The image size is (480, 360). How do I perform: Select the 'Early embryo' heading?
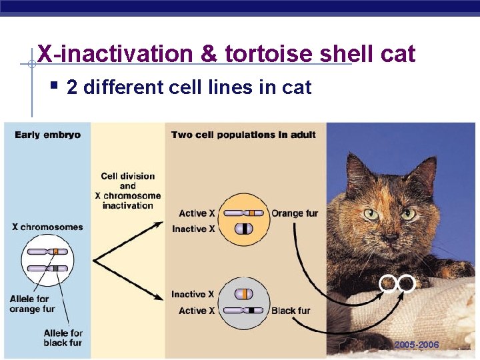tap(47, 135)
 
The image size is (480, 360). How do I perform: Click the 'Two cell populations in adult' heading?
tap(243, 135)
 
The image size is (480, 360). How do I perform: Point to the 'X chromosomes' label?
tap(47, 227)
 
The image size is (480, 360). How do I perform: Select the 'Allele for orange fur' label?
tap(32, 304)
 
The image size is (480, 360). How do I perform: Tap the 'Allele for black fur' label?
tap(63, 337)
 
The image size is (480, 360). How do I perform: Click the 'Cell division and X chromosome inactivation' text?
tap(128, 191)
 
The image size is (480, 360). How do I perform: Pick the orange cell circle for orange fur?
tap(243, 219)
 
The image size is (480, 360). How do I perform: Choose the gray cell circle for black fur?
tap(243, 302)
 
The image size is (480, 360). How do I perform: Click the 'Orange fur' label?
tap(295, 213)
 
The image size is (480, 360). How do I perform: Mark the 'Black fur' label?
tap(291, 311)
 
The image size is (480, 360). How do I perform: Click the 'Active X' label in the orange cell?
tap(197, 213)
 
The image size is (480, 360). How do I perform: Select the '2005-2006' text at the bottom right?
tap(416, 345)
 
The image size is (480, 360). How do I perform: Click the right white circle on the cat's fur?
tap(407, 283)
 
